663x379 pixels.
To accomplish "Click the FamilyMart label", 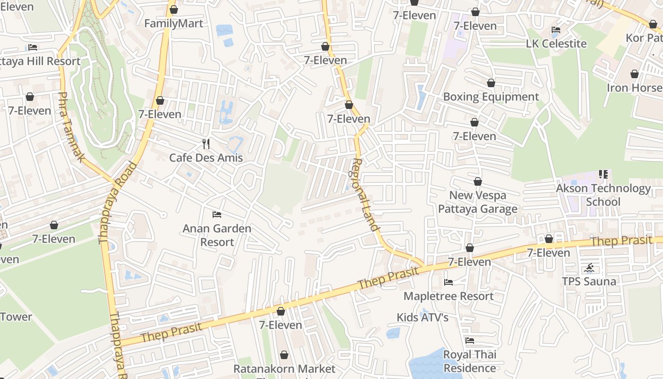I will (x=173, y=23).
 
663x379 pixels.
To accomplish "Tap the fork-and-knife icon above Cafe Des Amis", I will (x=206, y=144).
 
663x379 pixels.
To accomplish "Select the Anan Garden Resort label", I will (x=217, y=235).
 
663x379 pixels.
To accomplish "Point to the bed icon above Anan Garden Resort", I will (x=217, y=215).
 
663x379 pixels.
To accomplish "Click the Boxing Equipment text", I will (x=491, y=97).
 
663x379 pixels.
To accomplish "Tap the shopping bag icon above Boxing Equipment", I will (x=491, y=83).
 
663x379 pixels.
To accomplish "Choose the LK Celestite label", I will (x=556, y=44).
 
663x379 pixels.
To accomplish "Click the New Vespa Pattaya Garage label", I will (x=477, y=202).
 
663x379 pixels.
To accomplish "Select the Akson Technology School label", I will (x=603, y=195).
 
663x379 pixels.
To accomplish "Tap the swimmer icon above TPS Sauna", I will (x=589, y=268).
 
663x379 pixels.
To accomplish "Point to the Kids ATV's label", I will (x=422, y=317).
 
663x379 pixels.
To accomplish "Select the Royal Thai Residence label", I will (x=469, y=361).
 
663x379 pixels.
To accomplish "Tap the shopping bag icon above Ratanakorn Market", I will (x=284, y=355).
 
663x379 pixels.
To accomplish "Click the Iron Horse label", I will (x=635, y=88).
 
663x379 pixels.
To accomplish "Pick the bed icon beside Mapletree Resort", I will (x=448, y=282).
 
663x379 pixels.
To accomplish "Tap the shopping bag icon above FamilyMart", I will (x=174, y=9).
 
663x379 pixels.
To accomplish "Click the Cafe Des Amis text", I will (x=206, y=158).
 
